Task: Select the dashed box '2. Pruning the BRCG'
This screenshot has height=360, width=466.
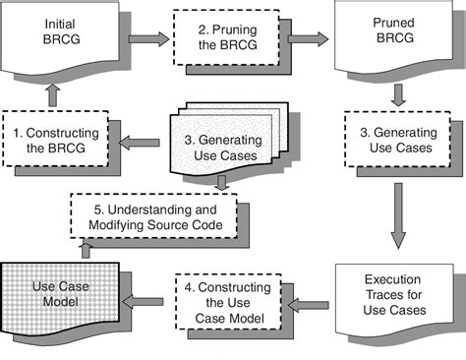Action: click(x=226, y=38)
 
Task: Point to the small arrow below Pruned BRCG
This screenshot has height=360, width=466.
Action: click(x=396, y=95)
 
